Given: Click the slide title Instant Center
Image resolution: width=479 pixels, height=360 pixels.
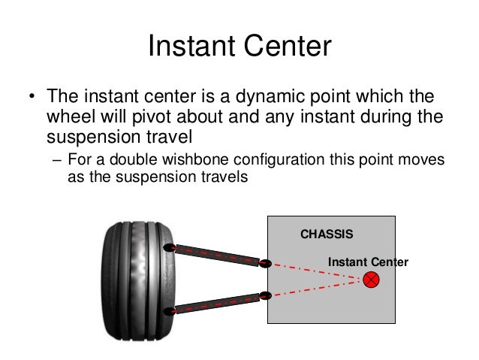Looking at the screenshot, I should (x=239, y=47).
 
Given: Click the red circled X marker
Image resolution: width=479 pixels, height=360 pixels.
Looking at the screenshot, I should (x=372, y=280).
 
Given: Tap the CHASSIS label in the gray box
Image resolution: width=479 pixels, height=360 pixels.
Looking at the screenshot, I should (x=327, y=234).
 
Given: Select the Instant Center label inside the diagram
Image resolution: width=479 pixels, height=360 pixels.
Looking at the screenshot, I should (x=368, y=262).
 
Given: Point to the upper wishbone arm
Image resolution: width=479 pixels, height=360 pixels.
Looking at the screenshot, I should (x=218, y=255).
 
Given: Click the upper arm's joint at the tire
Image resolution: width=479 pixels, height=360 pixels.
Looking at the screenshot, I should (x=170, y=247).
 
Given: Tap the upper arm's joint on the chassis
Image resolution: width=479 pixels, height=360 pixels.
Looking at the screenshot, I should (x=265, y=263).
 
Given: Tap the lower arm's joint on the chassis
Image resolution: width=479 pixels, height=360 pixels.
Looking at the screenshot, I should (x=265, y=295).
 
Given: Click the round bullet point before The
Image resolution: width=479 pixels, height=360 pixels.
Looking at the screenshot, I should (x=31, y=99).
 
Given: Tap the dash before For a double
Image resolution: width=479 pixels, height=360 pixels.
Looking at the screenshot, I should (x=58, y=160).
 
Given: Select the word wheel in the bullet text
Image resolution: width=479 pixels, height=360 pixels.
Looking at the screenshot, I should (x=68, y=118).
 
